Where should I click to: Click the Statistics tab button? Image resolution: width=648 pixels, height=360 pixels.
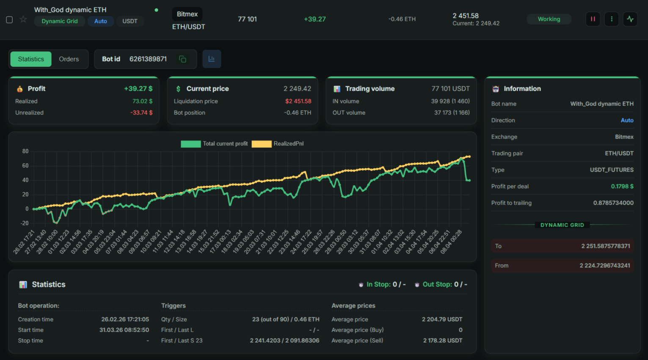click(31, 59)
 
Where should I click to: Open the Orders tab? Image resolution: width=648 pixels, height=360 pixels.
click(69, 59)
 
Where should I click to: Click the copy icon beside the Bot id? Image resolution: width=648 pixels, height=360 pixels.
click(182, 59)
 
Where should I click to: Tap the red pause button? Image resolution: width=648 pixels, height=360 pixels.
click(593, 19)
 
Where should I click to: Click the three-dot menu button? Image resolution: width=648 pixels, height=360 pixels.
click(611, 19)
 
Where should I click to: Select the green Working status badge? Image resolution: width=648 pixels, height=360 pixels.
click(549, 19)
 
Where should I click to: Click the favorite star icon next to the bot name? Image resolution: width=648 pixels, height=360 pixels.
click(23, 19)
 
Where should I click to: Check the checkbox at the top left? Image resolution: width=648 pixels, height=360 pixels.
click(9, 19)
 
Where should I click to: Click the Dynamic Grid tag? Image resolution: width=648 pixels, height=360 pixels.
click(59, 21)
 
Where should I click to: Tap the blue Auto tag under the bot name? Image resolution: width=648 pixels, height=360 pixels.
click(100, 21)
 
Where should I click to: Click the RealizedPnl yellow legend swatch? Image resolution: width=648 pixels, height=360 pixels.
click(261, 144)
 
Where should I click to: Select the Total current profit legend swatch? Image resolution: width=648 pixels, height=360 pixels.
click(190, 144)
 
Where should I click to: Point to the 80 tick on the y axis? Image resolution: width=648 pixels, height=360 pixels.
click(25, 151)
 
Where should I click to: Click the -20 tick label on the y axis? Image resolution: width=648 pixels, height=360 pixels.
click(25, 223)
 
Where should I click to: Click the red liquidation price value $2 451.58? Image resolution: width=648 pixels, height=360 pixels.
click(298, 101)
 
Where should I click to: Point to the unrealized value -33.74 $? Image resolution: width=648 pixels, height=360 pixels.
click(141, 113)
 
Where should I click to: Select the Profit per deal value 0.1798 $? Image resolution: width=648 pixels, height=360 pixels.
click(622, 186)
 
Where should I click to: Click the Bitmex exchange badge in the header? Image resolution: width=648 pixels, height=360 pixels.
click(187, 14)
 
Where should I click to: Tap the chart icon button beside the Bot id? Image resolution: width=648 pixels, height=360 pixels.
click(212, 59)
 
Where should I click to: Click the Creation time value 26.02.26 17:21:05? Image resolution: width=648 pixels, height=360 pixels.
click(125, 319)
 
